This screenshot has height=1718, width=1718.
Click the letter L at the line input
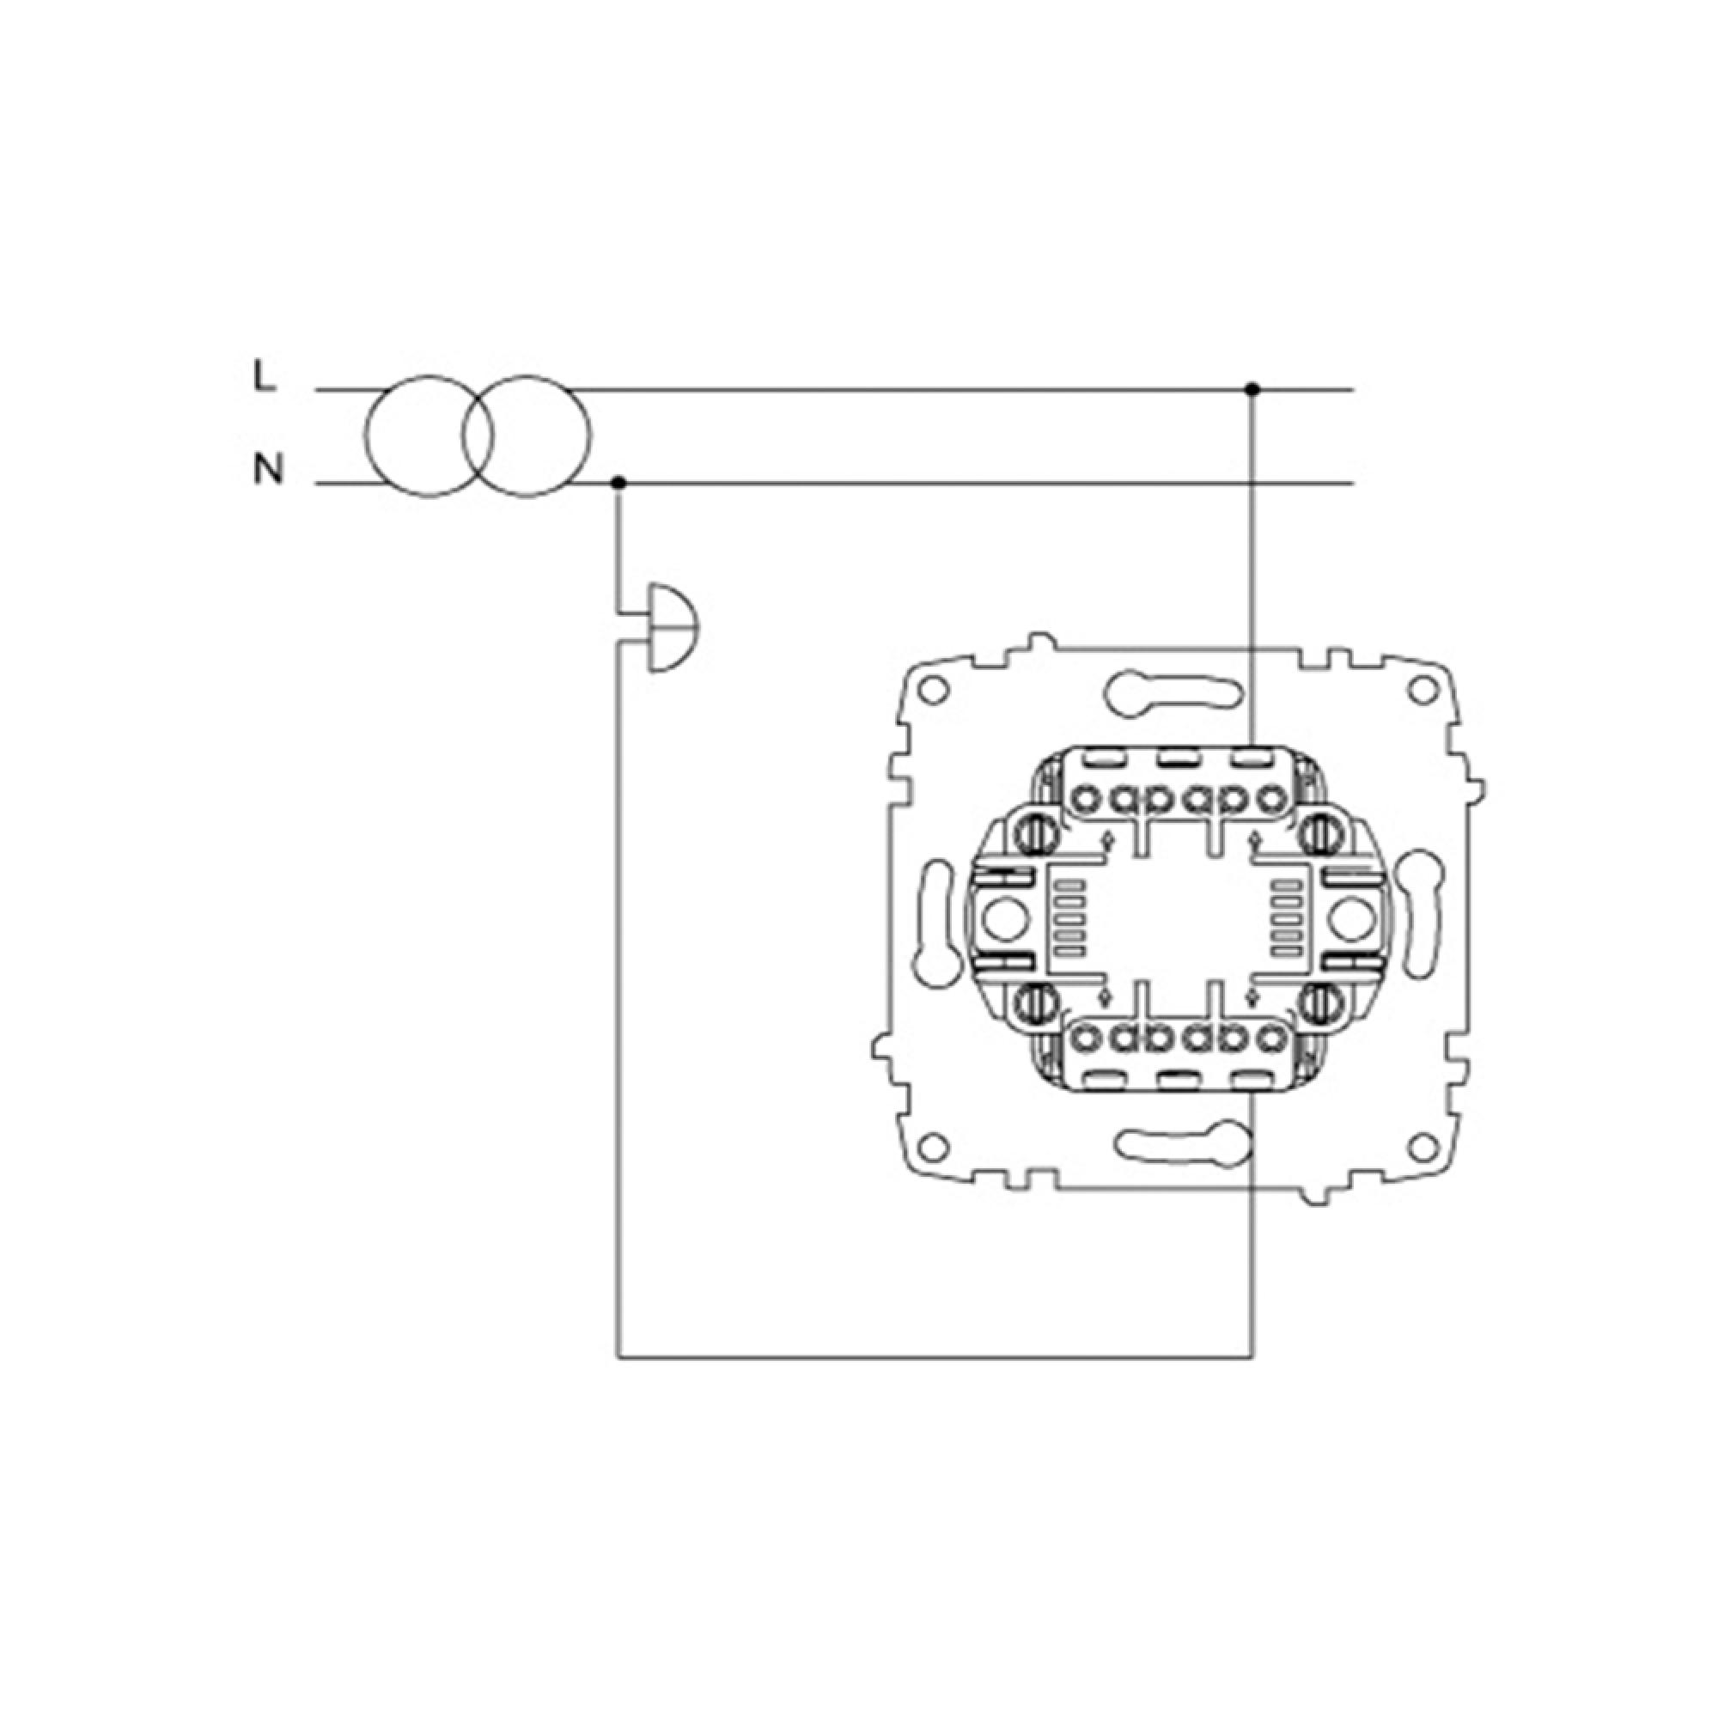[x=264, y=378]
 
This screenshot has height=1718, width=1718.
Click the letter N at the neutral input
[x=269, y=468]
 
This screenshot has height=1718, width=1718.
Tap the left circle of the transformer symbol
[x=429, y=436]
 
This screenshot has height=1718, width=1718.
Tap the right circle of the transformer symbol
[x=527, y=436]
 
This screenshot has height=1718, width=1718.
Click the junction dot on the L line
[x=1252, y=389]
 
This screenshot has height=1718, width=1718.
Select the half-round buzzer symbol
[x=673, y=628]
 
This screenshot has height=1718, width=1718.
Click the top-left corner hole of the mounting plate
[x=933, y=689]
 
